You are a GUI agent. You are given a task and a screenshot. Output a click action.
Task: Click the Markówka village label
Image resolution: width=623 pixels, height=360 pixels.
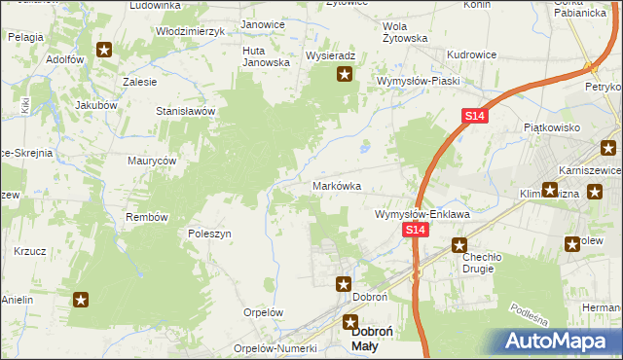[x=337, y=185]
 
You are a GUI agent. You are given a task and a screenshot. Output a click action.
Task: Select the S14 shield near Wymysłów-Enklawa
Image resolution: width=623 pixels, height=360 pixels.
[x=416, y=230]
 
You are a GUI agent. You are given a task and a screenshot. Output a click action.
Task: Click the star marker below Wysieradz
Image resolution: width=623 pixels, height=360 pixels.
[x=345, y=74]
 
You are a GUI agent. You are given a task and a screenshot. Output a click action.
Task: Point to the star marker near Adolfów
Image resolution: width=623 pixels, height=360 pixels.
[x=104, y=49]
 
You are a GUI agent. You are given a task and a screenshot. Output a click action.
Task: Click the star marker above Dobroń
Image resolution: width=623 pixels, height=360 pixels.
[x=344, y=284]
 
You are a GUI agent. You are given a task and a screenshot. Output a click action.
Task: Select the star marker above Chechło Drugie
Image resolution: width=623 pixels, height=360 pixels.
[x=460, y=246]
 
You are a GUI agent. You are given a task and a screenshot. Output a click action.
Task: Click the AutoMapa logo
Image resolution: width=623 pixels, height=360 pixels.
[x=561, y=341]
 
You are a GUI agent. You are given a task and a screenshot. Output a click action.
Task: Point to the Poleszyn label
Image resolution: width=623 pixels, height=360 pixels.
[x=208, y=234]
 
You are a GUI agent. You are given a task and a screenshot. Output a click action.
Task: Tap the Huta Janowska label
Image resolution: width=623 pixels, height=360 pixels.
[x=267, y=55]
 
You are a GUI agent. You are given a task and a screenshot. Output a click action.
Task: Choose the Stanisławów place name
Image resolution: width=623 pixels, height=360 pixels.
[x=185, y=111]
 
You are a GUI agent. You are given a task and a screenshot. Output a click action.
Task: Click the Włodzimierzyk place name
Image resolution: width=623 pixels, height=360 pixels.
[x=191, y=31]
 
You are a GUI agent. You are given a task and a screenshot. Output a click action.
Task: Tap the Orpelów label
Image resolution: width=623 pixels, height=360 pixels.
[x=262, y=313]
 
